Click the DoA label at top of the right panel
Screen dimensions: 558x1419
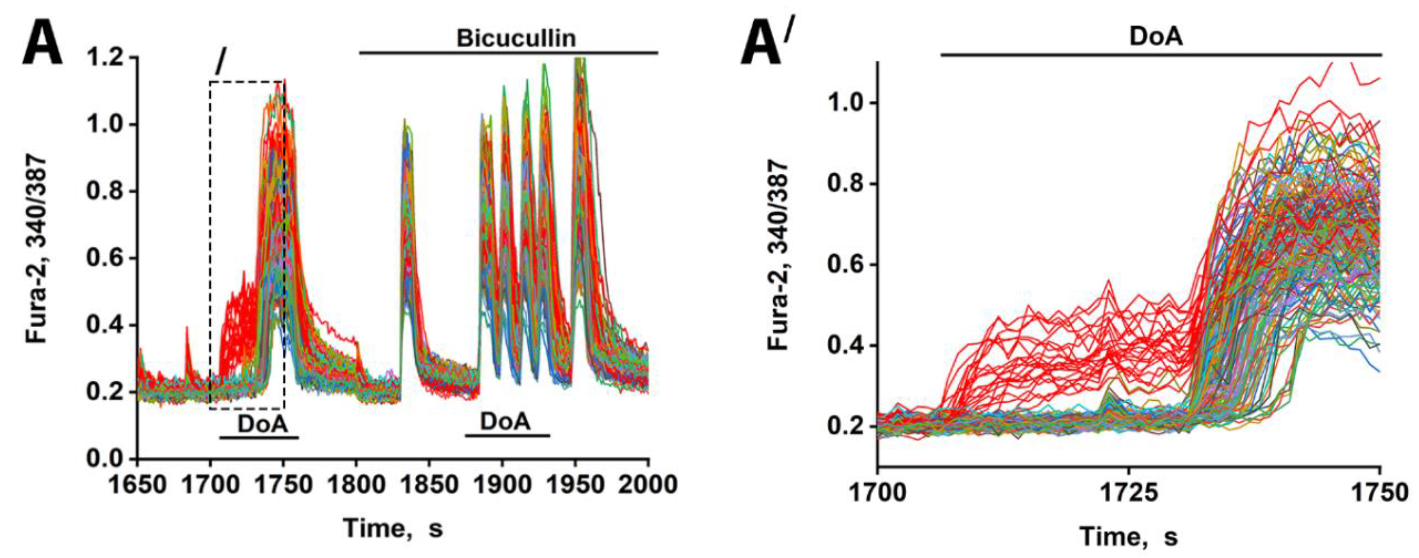[x=1156, y=37]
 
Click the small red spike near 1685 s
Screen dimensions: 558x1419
[x=187, y=336]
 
